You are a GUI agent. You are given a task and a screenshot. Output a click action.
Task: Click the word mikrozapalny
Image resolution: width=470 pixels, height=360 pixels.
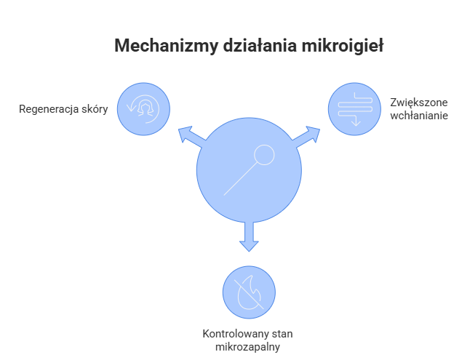249,345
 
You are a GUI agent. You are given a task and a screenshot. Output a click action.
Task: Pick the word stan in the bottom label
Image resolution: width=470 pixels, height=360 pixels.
278,333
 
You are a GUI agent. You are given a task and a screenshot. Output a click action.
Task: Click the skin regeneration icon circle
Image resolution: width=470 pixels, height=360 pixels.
144,109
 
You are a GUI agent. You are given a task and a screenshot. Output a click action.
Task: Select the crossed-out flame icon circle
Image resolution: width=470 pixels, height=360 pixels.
249,292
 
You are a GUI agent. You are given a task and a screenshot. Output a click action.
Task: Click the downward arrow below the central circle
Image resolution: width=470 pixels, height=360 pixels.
249,239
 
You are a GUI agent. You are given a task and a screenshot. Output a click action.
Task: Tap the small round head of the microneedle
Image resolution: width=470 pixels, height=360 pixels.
263,155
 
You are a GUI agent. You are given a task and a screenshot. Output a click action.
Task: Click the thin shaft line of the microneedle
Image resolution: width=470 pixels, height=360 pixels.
240,179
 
